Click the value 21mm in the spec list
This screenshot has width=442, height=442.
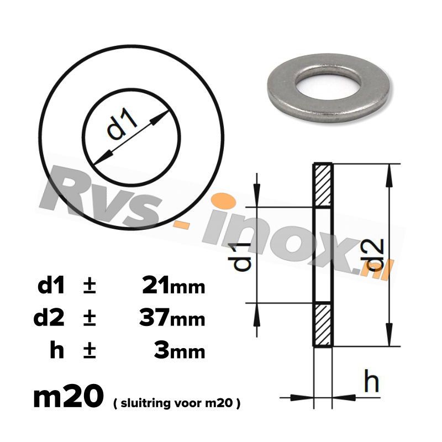click(x=173, y=286)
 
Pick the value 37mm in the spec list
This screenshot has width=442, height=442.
click(x=173, y=318)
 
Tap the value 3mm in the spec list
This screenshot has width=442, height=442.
click(x=182, y=351)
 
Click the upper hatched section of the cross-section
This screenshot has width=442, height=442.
click(x=323, y=185)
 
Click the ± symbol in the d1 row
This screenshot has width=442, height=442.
click(x=89, y=286)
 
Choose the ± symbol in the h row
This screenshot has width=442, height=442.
click(x=89, y=351)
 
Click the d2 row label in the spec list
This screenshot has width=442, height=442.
click(x=49, y=318)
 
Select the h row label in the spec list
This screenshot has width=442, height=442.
click(x=56, y=351)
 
